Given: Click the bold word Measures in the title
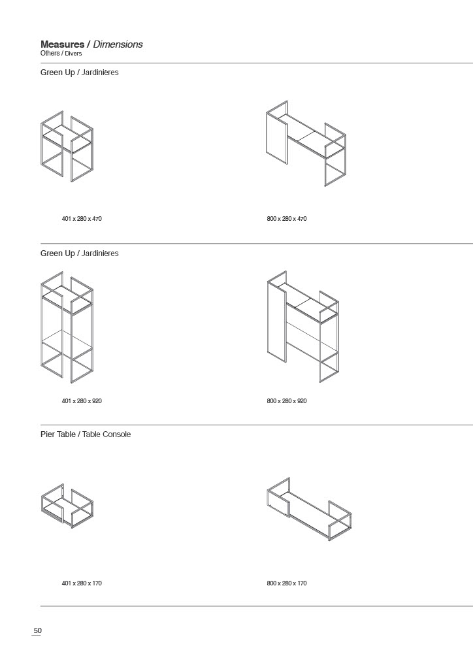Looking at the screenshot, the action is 62,44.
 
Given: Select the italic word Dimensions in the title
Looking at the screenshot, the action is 118,44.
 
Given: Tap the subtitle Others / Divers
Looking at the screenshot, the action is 61,54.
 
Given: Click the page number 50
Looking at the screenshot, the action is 37,630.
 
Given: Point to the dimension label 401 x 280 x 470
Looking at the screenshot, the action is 82,219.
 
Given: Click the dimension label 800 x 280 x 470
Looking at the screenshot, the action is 287,219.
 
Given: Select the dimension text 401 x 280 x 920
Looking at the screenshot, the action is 82,401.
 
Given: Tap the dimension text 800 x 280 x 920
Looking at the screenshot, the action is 287,401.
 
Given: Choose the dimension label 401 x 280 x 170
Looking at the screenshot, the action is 82,583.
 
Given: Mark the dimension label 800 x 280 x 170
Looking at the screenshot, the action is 287,583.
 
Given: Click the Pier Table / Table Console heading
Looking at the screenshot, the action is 86,434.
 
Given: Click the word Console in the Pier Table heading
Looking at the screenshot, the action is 116,434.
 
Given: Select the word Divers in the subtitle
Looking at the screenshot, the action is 73,54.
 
